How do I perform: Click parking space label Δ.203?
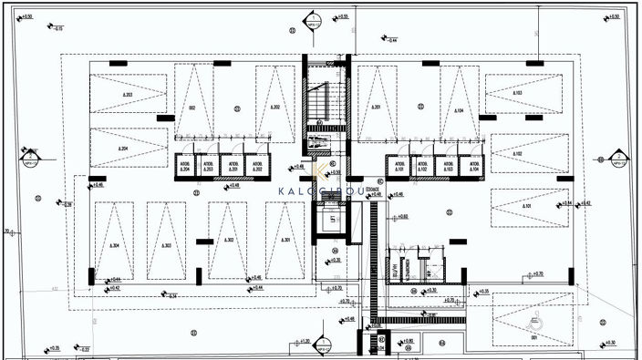tap(128, 95)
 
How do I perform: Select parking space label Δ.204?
tap(123, 149)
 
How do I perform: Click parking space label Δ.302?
tap(228, 241)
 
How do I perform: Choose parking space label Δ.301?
tap(285, 241)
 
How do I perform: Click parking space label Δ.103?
tap(517, 94)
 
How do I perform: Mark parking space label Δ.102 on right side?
tap(517, 154)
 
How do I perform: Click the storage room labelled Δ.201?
tap(233, 166)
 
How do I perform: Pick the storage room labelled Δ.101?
tap(399, 166)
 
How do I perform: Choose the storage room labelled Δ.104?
tap(470, 166)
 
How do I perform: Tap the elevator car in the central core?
tap(332, 221)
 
